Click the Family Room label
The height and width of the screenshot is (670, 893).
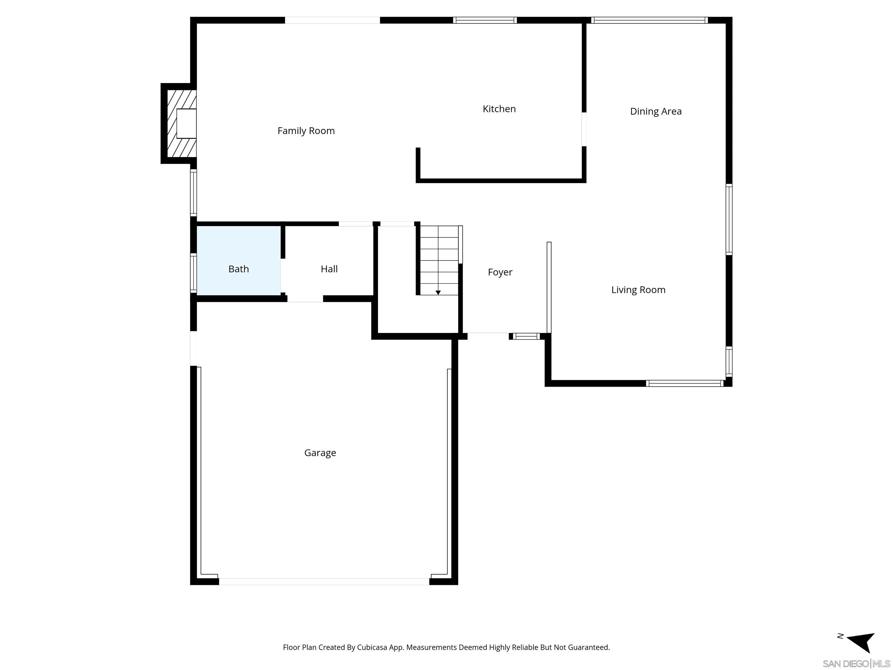click(306, 131)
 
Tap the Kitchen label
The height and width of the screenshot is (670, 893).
click(499, 109)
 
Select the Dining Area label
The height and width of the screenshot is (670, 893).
click(656, 111)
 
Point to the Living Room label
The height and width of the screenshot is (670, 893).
click(638, 290)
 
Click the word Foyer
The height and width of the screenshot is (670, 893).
click(500, 272)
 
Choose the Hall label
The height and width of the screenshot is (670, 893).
click(329, 269)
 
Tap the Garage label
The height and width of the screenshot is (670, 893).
click(320, 453)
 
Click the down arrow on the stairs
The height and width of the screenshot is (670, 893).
click(438, 292)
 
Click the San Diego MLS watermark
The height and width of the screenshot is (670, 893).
click(856, 664)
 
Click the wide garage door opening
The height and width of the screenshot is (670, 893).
click(324, 582)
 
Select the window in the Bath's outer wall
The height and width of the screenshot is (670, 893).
click(193, 273)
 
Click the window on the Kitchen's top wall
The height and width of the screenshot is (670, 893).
click(485, 20)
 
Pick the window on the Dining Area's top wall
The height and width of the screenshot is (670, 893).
click(649, 20)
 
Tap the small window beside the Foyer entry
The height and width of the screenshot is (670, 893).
click(526, 336)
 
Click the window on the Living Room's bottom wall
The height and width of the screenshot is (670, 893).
click(684, 383)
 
